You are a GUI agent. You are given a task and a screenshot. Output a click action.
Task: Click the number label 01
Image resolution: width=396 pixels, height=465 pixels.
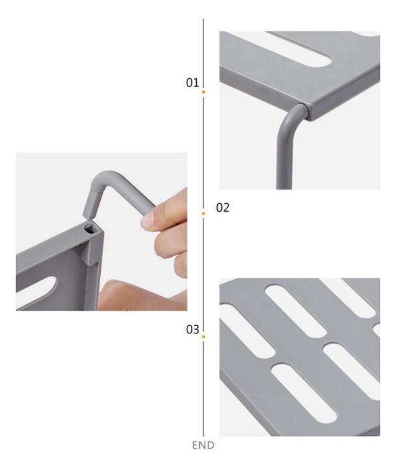click(192, 83)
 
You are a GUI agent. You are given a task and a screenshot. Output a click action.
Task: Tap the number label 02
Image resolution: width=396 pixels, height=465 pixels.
click(223, 207)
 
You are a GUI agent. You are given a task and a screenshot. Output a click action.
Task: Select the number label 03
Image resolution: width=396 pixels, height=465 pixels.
click(192, 330)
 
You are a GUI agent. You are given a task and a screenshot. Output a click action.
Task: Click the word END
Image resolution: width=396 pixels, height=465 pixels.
click(203, 445)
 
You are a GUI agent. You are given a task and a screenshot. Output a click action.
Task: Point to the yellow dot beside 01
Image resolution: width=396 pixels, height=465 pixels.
click(204, 92)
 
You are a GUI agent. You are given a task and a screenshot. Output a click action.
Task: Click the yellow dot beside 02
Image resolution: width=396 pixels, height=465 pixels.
click(204, 213)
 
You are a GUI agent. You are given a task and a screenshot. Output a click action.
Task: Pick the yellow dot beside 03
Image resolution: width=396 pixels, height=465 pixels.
click(204, 337)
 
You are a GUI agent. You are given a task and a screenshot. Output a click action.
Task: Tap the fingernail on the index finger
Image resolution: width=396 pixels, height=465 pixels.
click(147, 219)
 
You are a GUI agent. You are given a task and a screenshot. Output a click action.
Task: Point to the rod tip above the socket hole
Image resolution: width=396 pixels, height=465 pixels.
click(89, 217)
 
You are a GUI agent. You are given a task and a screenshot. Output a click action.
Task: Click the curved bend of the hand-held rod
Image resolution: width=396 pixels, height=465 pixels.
click(105, 178)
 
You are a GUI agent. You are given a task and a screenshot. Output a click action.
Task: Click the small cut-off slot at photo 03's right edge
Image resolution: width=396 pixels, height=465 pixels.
click(376, 330)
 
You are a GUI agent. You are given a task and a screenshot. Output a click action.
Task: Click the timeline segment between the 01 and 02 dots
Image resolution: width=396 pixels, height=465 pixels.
click(204, 153)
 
